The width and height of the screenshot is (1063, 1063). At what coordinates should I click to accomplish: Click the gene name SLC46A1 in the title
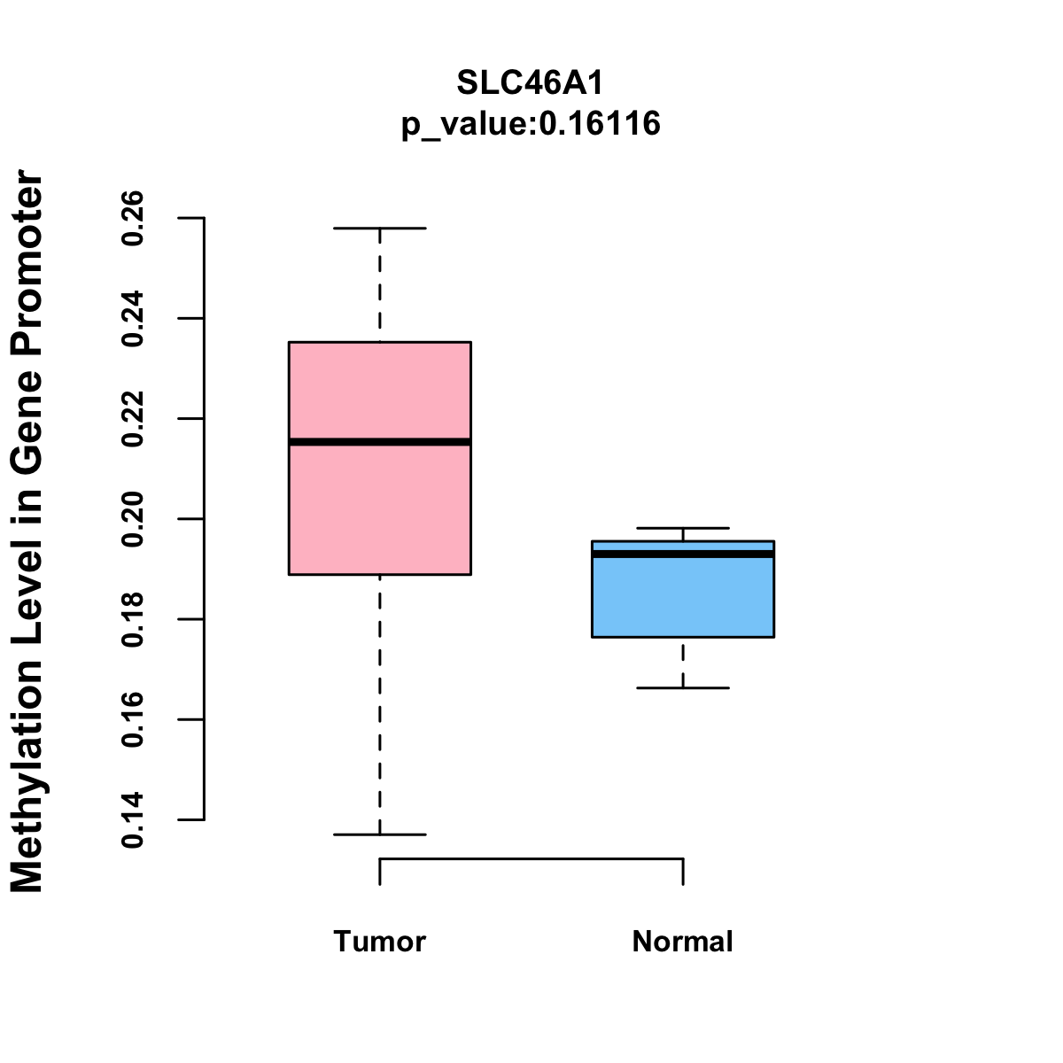pos(531,82)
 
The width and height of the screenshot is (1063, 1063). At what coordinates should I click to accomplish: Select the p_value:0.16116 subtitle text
pos(531,123)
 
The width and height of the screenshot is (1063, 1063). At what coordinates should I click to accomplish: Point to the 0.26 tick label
pos(133,217)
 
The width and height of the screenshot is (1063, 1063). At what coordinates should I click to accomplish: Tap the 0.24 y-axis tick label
pos(133,318)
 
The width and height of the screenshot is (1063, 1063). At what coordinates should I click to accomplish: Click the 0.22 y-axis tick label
pos(133,418)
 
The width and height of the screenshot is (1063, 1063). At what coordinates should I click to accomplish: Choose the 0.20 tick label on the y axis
pos(133,518)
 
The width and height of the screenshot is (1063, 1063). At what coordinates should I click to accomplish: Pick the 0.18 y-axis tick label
pos(133,618)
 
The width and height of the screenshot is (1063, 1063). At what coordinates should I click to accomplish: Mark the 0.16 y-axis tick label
pos(133,719)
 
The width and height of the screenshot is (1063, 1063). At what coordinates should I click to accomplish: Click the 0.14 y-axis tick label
pos(133,819)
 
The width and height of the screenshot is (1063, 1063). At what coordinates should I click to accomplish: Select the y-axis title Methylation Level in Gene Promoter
pos(28,531)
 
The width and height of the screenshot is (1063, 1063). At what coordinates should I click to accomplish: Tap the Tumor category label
pos(380,941)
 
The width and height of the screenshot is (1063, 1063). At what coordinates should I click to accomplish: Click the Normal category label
pos(683,941)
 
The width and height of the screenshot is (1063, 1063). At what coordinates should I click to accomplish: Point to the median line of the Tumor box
pos(380,441)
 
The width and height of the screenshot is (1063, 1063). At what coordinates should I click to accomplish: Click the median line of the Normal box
pos(683,554)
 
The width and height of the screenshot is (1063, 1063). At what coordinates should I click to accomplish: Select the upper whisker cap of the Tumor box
pos(380,229)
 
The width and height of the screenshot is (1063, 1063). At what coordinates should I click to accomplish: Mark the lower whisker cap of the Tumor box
pos(380,834)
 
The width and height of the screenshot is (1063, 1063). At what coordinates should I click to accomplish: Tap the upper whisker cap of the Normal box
pos(683,528)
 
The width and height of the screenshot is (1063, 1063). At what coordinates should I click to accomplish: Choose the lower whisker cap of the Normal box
pos(683,687)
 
